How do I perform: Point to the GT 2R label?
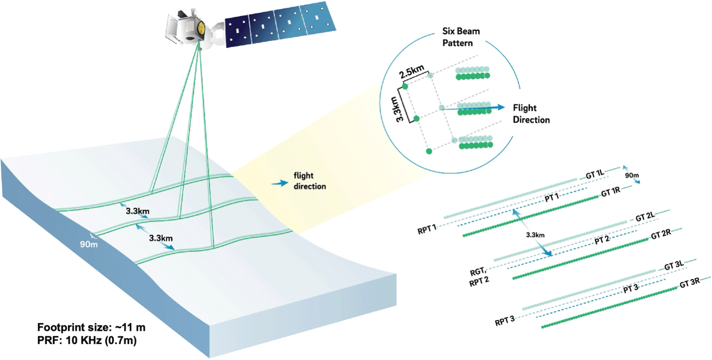661,235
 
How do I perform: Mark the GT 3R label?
689,285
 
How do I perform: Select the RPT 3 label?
504,321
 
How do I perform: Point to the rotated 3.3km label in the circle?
394,106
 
